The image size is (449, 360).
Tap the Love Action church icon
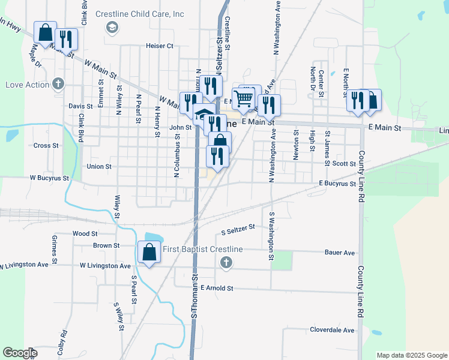click(58, 84)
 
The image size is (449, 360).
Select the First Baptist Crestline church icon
click(226, 262)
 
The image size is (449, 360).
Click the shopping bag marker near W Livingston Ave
click(149, 253)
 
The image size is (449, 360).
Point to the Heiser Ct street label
click(159, 46)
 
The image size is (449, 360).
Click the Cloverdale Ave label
click(332, 330)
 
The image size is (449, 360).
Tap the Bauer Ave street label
click(340, 253)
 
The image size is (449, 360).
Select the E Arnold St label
click(217, 289)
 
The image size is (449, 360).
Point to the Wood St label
click(85, 233)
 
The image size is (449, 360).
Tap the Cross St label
click(46, 145)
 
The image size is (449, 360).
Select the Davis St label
click(80, 106)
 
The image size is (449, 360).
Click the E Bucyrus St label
click(337, 183)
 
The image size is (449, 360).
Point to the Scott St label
click(345, 163)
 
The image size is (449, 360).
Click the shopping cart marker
click(244, 98)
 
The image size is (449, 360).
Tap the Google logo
click(20, 353)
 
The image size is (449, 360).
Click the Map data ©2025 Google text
click(411, 355)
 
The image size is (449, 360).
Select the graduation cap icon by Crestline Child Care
click(111, 27)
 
